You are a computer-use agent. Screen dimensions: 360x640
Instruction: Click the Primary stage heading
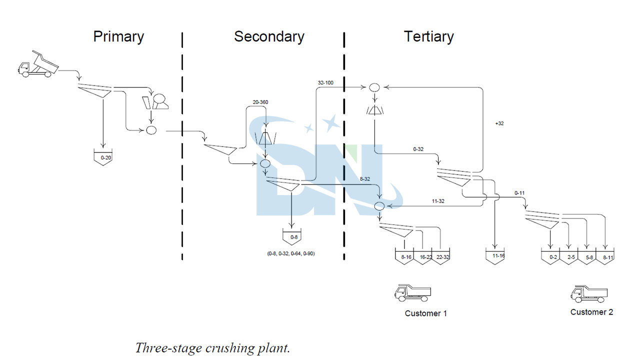118,37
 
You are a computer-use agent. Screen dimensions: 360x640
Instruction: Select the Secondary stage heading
269,37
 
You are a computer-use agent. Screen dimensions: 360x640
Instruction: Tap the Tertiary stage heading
428,37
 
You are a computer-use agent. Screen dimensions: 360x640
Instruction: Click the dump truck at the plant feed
38,64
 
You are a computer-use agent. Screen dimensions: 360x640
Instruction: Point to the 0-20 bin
102,157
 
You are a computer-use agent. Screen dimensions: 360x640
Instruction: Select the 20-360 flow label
260,102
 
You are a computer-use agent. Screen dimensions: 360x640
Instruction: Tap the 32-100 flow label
325,82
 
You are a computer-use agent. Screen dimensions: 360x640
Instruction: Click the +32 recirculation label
499,123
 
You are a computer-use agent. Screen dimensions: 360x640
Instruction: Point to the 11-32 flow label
438,201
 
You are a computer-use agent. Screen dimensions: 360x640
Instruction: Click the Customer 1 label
425,313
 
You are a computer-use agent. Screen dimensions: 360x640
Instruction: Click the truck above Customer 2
589,293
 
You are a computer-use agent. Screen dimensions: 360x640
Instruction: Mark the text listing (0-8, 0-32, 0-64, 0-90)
291,253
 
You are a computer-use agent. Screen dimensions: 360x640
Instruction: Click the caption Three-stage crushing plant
212,348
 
